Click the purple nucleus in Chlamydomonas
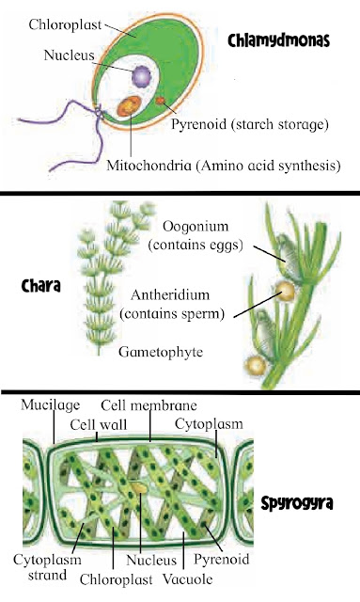click(x=142, y=77)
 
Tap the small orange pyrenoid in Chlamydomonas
click(x=160, y=101)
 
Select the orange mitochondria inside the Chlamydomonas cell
click(x=129, y=106)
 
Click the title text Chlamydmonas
click(x=279, y=40)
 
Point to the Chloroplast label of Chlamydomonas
click(x=65, y=25)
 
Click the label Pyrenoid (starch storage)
click(x=250, y=124)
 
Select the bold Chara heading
click(x=40, y=286)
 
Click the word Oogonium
click(x=196, y=226)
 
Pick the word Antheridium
click(x=170, y=294)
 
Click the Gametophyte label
click(x=161, y=352)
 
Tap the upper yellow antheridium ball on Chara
click(x=286, y=291)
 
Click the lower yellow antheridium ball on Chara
click(x=255, y=366)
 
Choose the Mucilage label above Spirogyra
click(x=50, y=404)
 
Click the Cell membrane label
click(x=149, y=405)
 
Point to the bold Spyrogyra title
click(x=297, y=503)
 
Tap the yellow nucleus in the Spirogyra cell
click(x=139, y=487)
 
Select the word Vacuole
click(x=188, y=579)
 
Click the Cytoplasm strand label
click(x=47, y=567)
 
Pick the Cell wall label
click(x=99, y=424)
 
